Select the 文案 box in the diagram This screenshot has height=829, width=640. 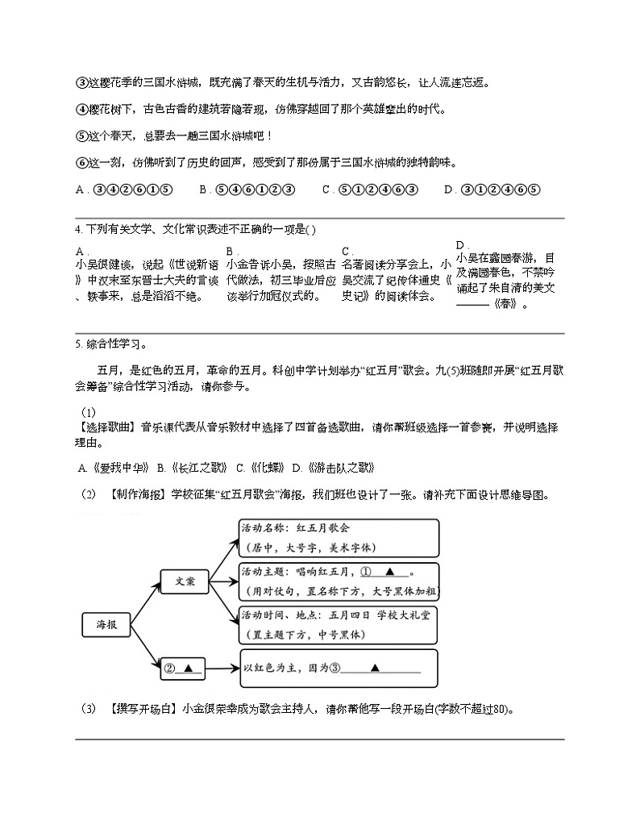pos(185,581)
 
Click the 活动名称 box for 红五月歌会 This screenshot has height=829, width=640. pos(339,537)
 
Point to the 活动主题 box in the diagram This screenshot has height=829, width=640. pos(339,581)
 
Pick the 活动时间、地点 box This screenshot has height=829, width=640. pos(339,624)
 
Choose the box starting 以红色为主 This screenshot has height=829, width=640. pos(339,668)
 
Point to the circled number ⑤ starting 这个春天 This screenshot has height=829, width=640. pos(81,135)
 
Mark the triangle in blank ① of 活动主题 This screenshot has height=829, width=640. pos(390,572)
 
